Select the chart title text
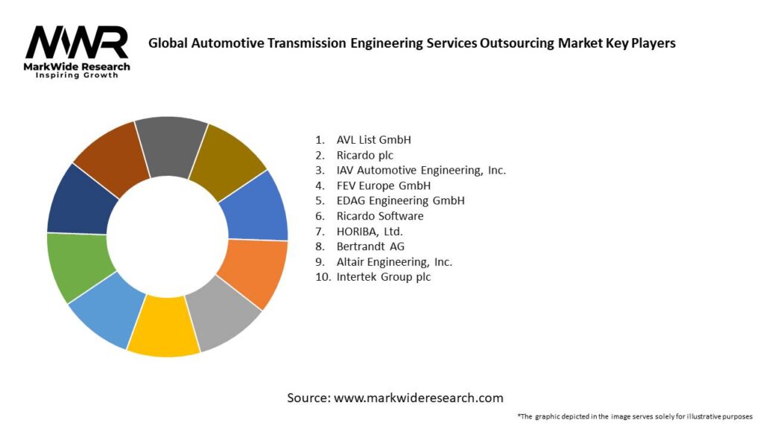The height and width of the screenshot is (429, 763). point(411,43)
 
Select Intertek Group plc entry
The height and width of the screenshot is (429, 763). point(383,277)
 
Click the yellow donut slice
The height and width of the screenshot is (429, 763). point(164,325)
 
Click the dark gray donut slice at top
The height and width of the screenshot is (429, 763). point(171,145)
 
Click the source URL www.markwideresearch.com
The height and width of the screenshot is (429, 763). point(418,398)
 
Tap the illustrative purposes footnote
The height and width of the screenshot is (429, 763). point(635,416)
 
